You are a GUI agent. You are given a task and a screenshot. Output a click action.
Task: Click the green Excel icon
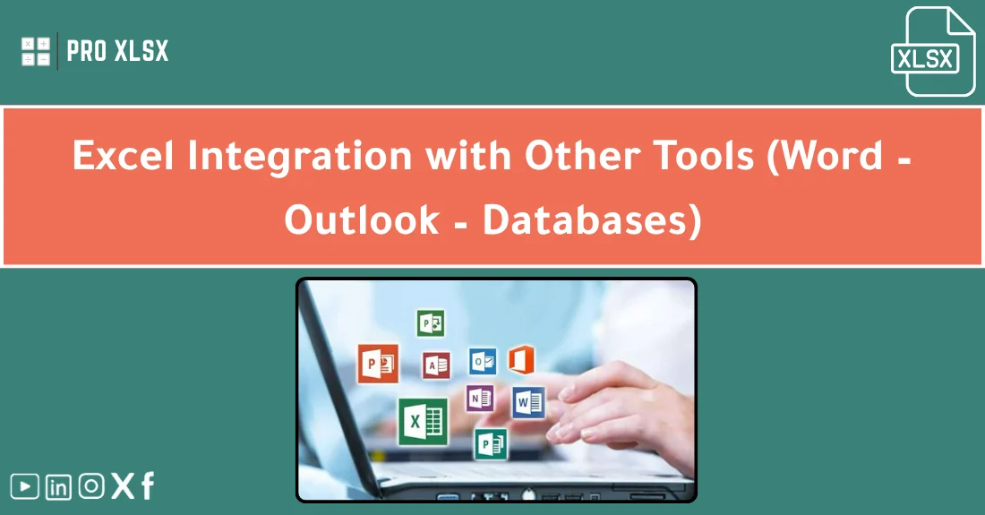coord(423,421)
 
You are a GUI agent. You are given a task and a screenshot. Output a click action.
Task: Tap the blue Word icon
coord(528,402)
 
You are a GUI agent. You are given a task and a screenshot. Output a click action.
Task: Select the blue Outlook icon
coord(484,360)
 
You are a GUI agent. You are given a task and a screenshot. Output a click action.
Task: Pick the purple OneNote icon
coord(479,398)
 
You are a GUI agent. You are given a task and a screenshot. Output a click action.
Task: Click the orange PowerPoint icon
coord(377,364)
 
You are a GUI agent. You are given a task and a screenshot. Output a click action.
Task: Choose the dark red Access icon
coord(436,365)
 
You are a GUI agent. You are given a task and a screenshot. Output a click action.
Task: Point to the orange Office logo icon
coord(521,360)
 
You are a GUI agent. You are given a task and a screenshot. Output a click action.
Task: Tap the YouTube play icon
coord(24,486)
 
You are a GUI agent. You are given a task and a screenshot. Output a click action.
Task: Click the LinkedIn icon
coord(58,486)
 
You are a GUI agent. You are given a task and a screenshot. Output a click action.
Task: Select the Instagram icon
coord(91,486)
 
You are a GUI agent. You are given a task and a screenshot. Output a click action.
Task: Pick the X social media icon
coord(123,486)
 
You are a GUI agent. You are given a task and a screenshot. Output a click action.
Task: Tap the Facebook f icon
coord(148,486)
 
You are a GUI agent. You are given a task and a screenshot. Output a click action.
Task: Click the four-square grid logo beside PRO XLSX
coord(36,51)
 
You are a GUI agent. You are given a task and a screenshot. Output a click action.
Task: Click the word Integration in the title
coord(299,157)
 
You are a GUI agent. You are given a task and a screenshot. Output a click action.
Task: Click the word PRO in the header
coord(87,51)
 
